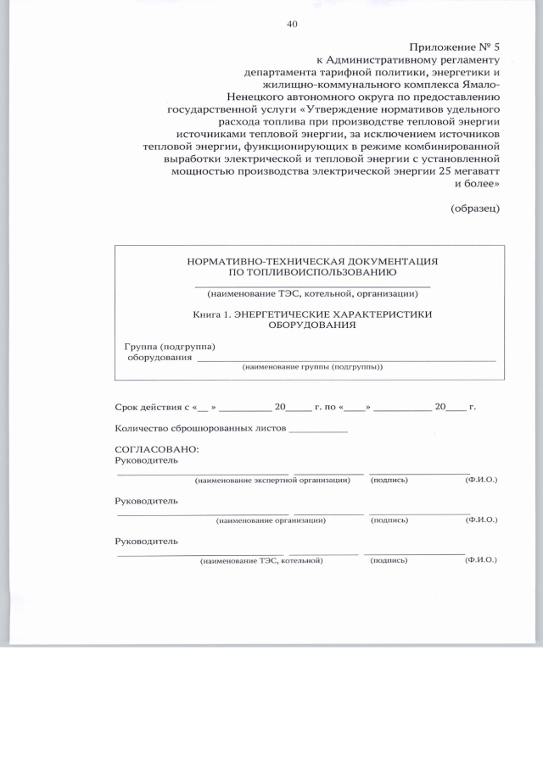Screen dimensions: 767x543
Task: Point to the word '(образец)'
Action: [x=474, y=207]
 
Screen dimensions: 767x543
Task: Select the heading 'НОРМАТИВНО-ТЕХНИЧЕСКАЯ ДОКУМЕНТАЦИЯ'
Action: [x=312, y=262]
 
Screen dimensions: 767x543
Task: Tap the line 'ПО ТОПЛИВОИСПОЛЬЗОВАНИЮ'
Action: [x=312, y=273]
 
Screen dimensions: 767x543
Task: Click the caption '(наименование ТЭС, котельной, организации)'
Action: [x=312, y=294]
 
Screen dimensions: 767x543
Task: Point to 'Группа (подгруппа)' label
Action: [x=170, y=347]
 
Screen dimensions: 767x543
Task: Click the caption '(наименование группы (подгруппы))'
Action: [x=312, y=368]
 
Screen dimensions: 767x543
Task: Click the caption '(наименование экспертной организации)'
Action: [x=271, y=481]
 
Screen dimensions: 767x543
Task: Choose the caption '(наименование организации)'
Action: [x=271, y=520]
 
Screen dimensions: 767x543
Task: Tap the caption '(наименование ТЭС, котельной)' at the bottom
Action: [x=262, y=561]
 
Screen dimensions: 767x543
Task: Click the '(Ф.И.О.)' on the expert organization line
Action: [x=481, y=481]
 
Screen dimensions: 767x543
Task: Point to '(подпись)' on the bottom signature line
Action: [x=389, y=561]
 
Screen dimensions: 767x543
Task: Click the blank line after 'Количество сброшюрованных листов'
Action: [x=318, y=431]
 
